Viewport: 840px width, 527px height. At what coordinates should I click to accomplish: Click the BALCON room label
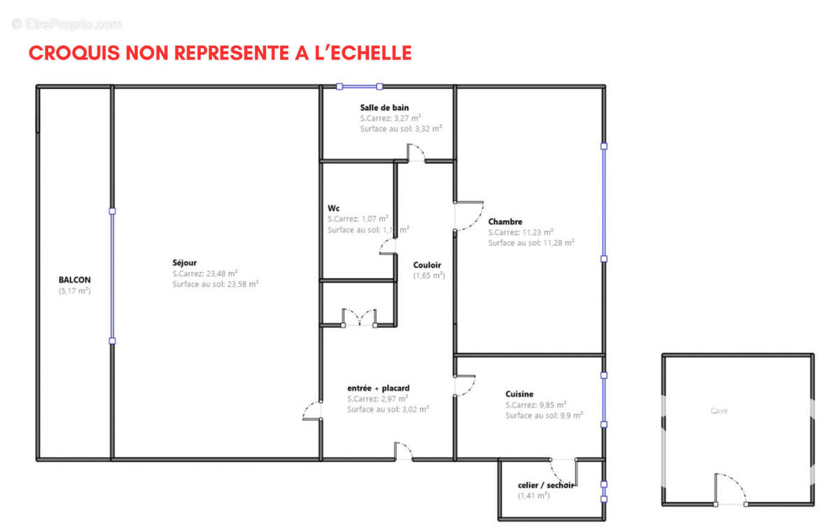(x=74, y=279)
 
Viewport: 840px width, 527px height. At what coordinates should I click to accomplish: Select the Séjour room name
(x=184, y=263)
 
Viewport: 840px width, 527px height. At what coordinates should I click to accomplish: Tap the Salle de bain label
(x=384, y=107)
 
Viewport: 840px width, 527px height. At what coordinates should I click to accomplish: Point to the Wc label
(x=334, y=208)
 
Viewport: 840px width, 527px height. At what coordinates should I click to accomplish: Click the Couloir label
(x=427, y=265)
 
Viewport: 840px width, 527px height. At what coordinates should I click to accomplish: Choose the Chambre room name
(x=505, y=221)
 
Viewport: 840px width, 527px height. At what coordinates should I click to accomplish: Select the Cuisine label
(x=519, y=394)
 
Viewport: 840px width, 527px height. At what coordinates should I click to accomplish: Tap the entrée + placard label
(x=378, y=388)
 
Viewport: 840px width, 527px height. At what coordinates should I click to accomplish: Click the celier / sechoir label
(x=546, y=485)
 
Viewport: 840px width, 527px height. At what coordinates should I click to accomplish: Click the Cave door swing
(x=729, y=488)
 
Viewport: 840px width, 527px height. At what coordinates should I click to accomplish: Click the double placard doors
(x=359, y=317)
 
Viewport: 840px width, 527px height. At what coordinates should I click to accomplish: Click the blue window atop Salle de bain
(x=359, y=87)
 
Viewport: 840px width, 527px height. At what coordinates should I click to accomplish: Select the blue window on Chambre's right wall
(x=603, y=202)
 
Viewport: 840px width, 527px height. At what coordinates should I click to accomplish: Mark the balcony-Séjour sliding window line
(x=112, y=275)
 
